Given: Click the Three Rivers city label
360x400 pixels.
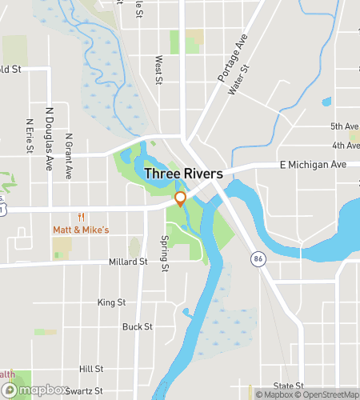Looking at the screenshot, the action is (183, 173).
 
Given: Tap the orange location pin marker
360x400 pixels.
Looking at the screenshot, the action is (180, 198).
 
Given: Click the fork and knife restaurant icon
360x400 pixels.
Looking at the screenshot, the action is (81, 217).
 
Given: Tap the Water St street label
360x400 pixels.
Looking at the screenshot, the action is (234, 80).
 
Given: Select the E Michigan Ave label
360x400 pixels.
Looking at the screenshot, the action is (313, 164).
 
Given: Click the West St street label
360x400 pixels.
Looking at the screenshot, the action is (158, 69).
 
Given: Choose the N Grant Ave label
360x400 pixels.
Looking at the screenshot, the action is (69, 156).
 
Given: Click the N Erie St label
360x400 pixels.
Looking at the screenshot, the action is (30, 137).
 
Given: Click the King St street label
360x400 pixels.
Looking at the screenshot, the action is (112, 302).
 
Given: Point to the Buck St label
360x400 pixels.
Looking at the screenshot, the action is (138, 326).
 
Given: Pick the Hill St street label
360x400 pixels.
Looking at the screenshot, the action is (91, 369).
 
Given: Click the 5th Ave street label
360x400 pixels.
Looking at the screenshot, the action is (345, 126).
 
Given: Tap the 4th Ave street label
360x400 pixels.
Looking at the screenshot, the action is (346, 146).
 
